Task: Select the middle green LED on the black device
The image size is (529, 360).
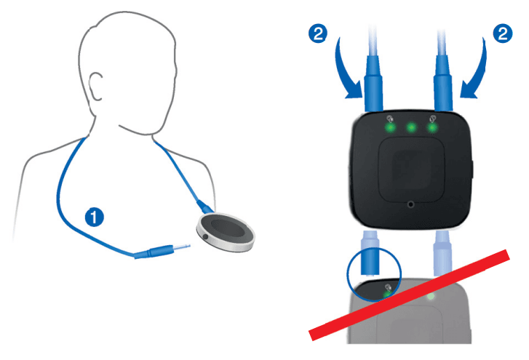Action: [411, 127]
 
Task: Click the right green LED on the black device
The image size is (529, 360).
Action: [434, 127]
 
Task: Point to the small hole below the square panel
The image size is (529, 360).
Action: [412, 206]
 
